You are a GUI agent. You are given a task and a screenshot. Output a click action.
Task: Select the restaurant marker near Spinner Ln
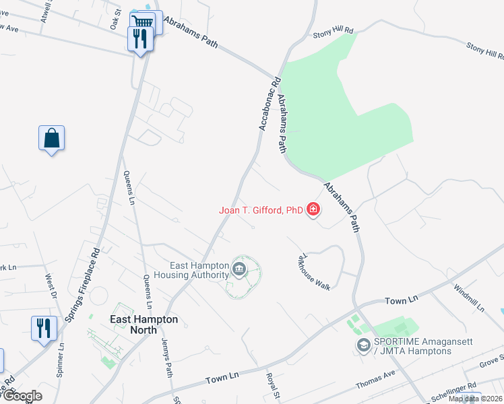click(44, 329)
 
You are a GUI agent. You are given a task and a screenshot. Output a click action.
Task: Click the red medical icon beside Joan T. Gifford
click(313, 210)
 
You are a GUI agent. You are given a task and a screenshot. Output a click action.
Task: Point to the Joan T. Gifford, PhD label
click(261, 210)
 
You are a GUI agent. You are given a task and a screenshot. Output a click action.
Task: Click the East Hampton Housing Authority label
click(191, 270)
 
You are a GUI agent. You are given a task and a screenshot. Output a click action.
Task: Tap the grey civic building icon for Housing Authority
click(239, 271)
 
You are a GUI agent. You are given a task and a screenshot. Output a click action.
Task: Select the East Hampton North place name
click(144, 325)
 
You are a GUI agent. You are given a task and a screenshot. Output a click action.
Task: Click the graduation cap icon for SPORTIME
click(363, 345)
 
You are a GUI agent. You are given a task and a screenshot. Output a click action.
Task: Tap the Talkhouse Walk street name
click(315, 272)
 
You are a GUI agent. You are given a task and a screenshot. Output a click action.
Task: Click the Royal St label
click(272, 387)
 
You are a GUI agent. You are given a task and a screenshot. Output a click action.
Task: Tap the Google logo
click(22, 396)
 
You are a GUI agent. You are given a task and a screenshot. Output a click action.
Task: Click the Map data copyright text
click(475, 399)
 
